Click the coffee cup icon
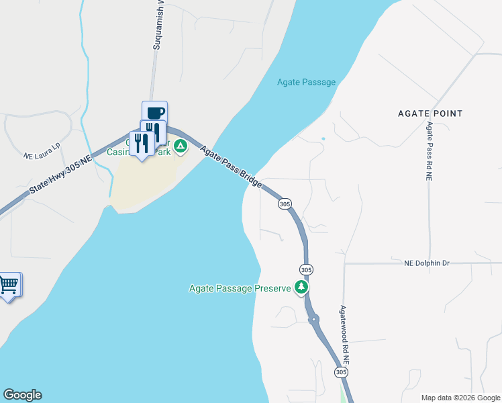(x=154, y=112)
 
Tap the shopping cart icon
(x=9, y=285)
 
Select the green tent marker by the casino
(x=180, y=145)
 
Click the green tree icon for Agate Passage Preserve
(x=302, y=287)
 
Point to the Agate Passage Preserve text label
(x=240, y=289)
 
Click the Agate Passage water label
(x=306, y=82)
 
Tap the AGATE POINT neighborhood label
(x=430, y=114)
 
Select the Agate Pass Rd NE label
(x=429, y=150)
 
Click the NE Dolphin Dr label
(x=426, y=263)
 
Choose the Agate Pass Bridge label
(x=230, y=167)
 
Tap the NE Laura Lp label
(x=42, y=150)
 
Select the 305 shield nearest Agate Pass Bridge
(x=285, y=204)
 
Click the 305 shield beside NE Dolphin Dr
(x=306, y=269)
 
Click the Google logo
(x=22, y=395)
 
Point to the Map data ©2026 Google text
(x=460, y=398)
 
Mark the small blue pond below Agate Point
(x=323, y=139)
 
